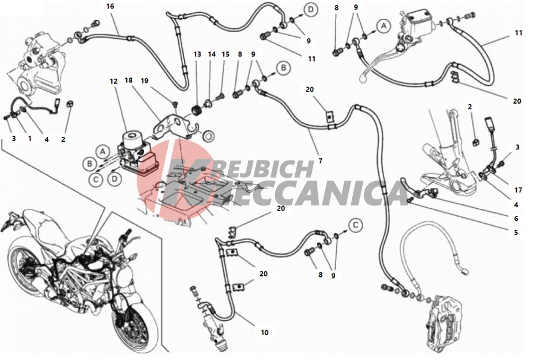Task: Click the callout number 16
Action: [110, 6]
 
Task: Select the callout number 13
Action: [197, 54]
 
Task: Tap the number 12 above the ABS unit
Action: [114, 81]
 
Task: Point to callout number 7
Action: [321, 161]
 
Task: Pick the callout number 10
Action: [265, 332]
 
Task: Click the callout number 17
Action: [518, 190]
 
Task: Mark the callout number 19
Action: [145, 81]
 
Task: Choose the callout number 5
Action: [516, 232]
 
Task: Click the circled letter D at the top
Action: [310, 9]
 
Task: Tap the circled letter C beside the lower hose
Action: [355, 225]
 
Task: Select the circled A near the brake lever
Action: [384, 25]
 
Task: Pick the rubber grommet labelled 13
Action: [197, 111]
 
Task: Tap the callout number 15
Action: [225, 54]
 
